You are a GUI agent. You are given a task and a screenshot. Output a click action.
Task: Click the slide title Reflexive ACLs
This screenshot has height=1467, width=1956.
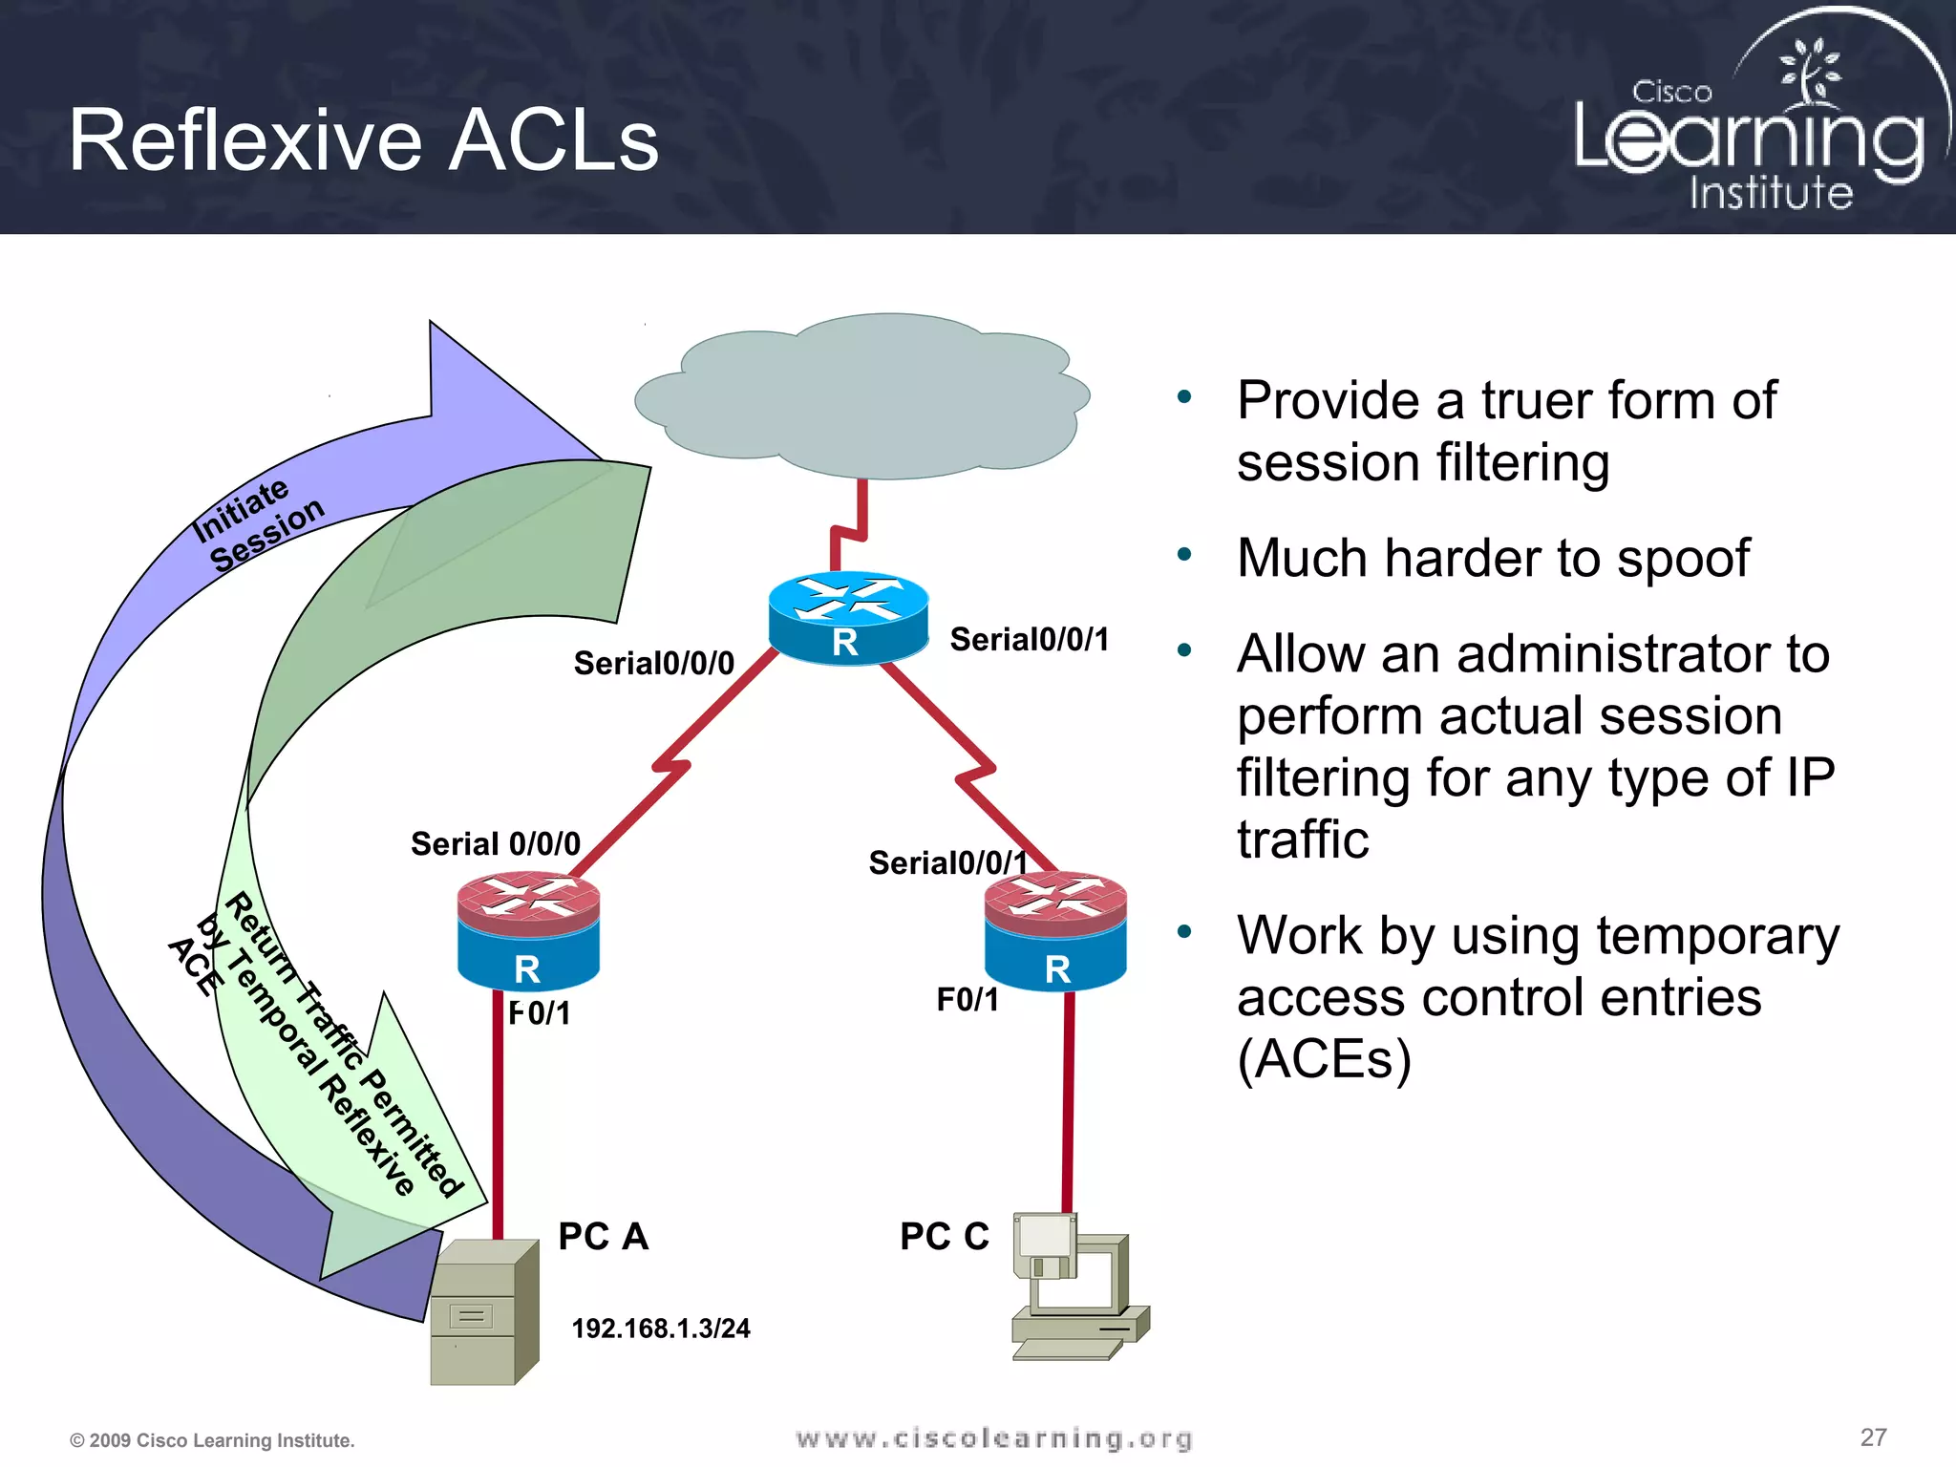[x=363, y=140]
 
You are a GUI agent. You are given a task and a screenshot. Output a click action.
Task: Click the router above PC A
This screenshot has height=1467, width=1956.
[x=528, y=933]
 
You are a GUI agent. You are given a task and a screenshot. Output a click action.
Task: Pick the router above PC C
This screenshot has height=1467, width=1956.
[x=1055, y=931]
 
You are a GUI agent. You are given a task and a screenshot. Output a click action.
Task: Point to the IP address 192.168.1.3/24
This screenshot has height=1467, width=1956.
[x=660, y=1329]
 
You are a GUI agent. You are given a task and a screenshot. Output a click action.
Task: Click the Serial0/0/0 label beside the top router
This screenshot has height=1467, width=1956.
[x=653, y=663]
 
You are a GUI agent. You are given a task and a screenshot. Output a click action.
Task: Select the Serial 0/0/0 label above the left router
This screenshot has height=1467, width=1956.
[x=495, y=843]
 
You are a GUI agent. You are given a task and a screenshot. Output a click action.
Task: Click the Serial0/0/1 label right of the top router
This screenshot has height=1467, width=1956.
[x=1029, y=640]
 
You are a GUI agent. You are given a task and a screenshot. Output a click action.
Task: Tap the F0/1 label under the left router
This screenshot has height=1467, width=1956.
[x=540, y=1012]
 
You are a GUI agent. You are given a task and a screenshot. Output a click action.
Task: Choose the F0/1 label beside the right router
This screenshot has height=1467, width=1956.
[x=967, y=1000]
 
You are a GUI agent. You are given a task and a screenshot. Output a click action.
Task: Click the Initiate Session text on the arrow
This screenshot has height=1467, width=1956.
[x=256, y=524]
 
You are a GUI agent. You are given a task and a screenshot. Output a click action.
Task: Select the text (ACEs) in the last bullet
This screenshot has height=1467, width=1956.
[x=1324, y=1059]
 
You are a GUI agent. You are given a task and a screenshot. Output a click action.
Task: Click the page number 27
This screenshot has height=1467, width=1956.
[x=1873, y=1437]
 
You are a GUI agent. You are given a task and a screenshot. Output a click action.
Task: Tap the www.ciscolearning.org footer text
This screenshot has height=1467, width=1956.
[x=993, y=1438]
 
